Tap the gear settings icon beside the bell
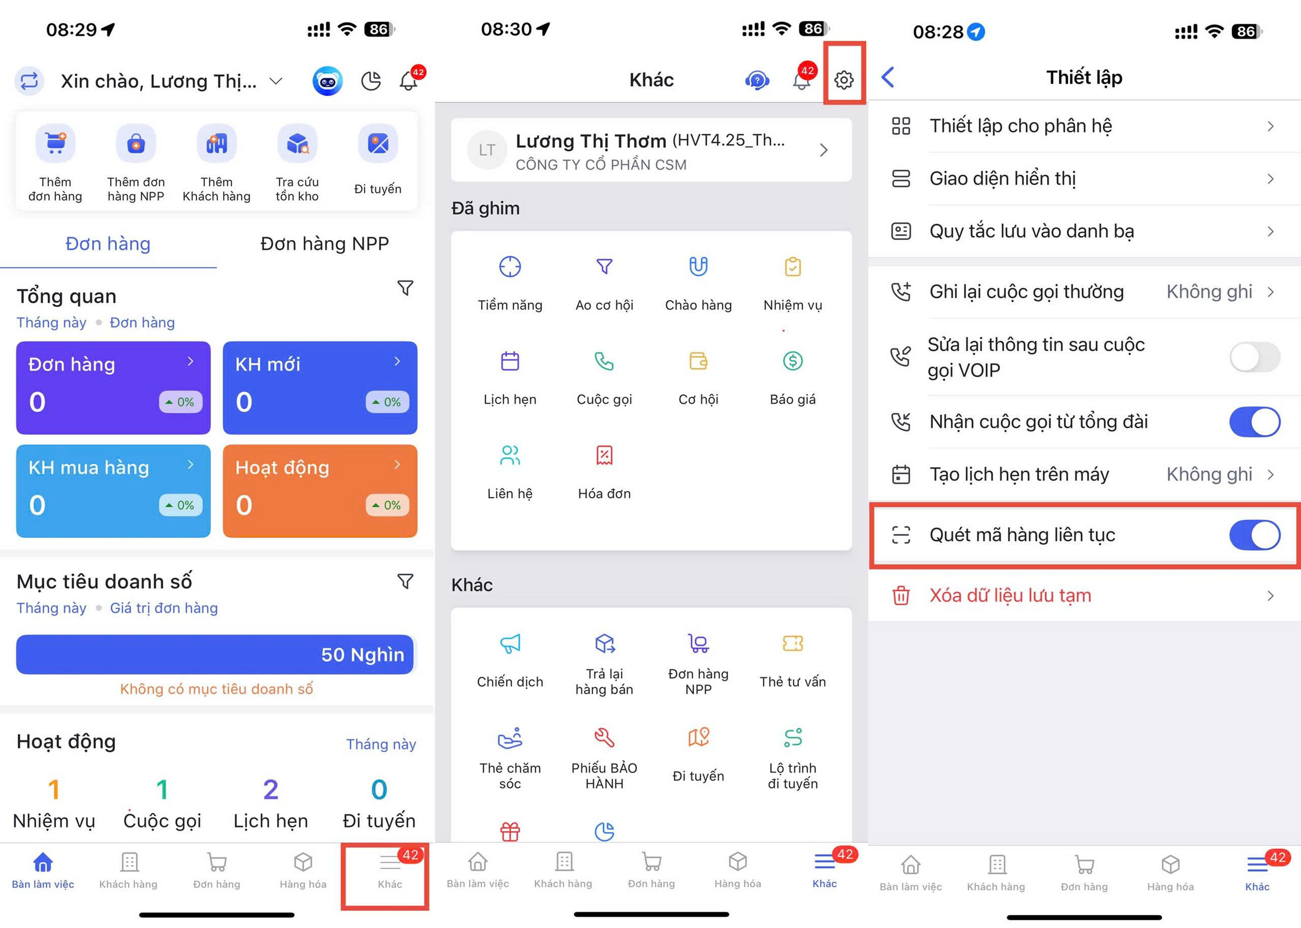[x=844, y=80]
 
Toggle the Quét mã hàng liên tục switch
[x=1255, y=535]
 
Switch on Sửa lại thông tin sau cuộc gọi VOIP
[x=1255, y=357]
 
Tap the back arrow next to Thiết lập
[x=888, y=77]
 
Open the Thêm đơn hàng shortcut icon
[x=55, y=143]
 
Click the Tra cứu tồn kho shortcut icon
[x=297, y=143]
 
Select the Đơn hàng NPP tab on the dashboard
[x=325, y=244]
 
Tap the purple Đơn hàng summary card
[x=113, y=387]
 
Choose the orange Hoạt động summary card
[x=320, y=491]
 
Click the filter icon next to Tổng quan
[x=405, y=288]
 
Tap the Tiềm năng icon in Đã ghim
[x=510, y=267]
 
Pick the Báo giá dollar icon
[x=792, y=360]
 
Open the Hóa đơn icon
[x=604, y=455]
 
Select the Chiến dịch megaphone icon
[x=510, y=643]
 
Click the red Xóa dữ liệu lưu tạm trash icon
[x=901, y=596]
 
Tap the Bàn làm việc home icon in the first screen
[x=43, y=862]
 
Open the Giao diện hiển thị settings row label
[x=1002, y=179]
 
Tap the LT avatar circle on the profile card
[x=487, y=150]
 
